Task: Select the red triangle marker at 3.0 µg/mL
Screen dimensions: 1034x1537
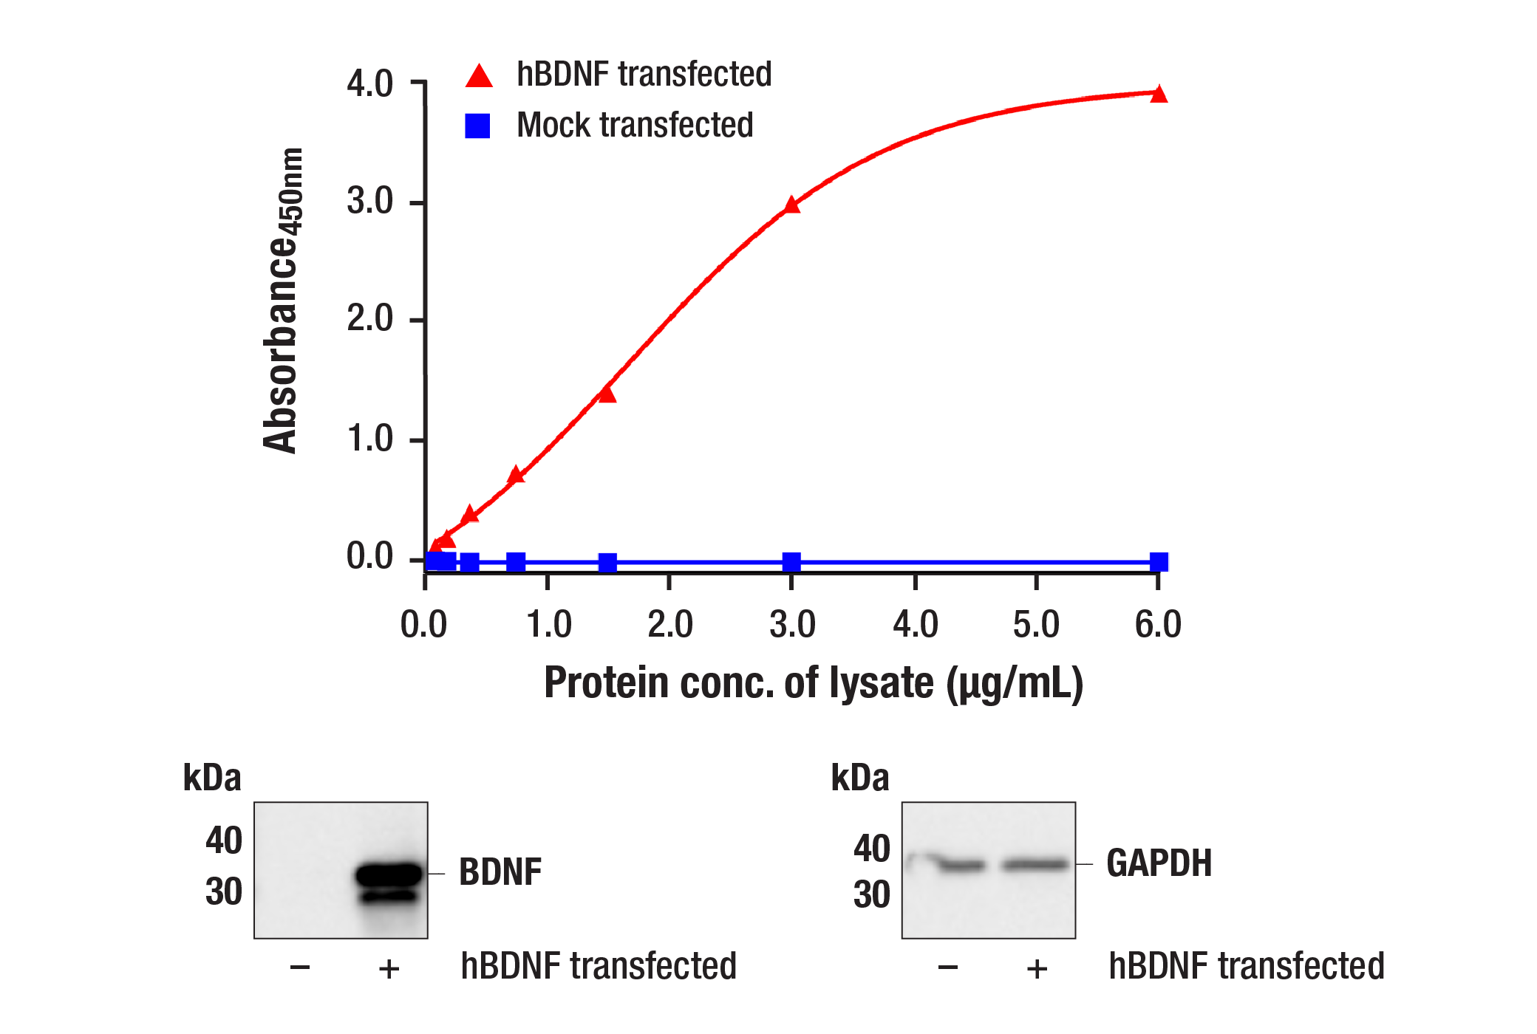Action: point(791,205)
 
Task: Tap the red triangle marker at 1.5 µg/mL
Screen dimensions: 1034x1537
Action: point(607,394)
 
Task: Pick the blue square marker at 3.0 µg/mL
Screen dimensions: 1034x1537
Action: point(791,562)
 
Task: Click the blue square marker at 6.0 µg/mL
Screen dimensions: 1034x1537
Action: point(1159,562)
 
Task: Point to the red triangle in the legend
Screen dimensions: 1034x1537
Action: point(479,76)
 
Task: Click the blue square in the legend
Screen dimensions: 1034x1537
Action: point(477,126)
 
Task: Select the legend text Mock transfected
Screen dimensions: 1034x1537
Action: point(634,125)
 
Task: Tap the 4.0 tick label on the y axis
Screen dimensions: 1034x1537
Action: point(369,83)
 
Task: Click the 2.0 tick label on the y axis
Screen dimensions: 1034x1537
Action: point(369,319)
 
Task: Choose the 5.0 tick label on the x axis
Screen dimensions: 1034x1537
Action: point(1035,625)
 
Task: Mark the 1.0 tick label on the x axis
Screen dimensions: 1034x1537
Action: point(548,625)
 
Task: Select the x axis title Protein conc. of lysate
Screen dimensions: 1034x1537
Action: point(813,682)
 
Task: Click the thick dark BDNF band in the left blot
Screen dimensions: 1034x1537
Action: point(389,874)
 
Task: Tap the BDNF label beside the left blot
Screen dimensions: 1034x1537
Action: point(500,872)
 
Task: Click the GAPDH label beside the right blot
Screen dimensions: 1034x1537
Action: point(1159,863)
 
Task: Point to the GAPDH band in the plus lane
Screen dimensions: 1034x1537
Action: point(1035,864)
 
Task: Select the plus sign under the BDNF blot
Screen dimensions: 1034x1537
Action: point(389,968)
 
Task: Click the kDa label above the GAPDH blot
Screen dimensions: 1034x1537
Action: point(859,778)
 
